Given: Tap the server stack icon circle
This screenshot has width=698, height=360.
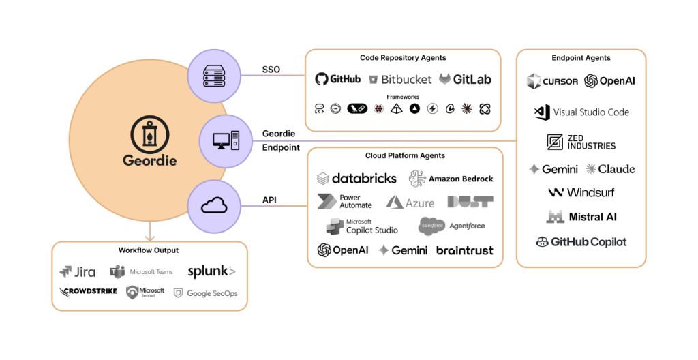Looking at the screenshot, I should [x=210, y=76].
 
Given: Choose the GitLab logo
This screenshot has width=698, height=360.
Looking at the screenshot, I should [x=465, y=79].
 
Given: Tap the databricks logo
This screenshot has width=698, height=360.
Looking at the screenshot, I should [x=356, y=179].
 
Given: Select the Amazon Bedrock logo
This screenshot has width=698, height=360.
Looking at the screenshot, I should [x=451, y=179].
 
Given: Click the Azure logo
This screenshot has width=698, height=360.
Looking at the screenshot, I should [x=410, y=202].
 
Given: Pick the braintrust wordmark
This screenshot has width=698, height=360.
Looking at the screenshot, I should [x=464, y=250].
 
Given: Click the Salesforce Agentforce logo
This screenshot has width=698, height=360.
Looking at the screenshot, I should [x=451, y=226].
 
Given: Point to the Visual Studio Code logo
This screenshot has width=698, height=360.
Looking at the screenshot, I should [x=581, y=112].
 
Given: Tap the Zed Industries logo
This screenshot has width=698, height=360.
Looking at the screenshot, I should [x=581, y=142].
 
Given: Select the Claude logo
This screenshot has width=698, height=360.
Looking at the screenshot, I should [x=610, y=169].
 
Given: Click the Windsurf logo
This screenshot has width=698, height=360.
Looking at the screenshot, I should [x=581, y=193].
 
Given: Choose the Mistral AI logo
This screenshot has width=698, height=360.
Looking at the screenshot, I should [x=581, y=217].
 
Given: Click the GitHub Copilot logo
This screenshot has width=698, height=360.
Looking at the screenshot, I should [x=581, y=241].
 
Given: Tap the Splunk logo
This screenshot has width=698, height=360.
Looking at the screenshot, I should [x=211, y=271].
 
